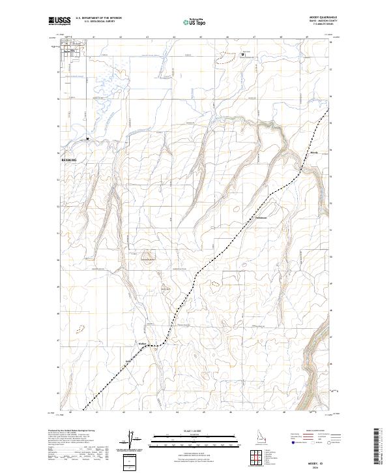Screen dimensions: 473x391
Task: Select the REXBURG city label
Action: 68,159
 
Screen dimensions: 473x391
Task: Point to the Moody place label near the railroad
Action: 313,153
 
